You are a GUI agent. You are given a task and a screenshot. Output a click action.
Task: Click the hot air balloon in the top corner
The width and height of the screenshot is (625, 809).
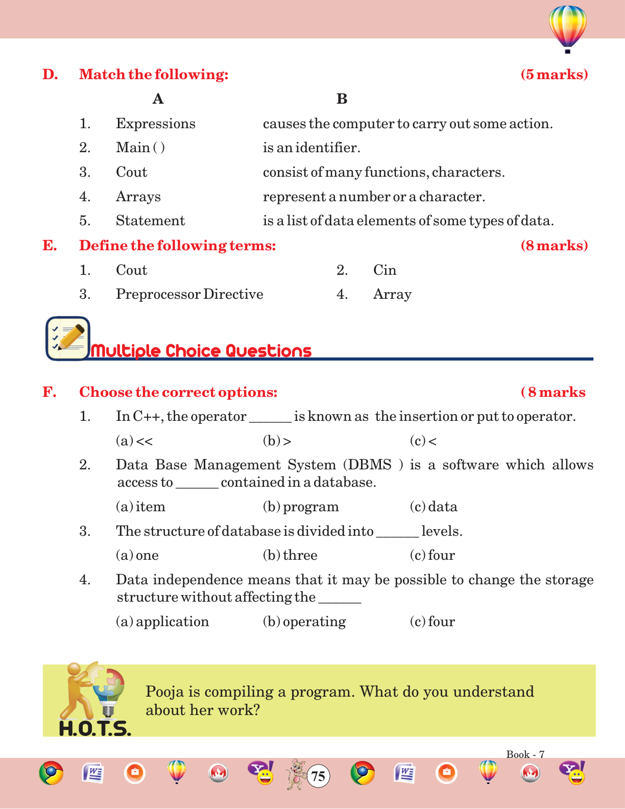[567, 29]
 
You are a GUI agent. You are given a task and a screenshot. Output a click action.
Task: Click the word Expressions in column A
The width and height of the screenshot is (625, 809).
[155, 124]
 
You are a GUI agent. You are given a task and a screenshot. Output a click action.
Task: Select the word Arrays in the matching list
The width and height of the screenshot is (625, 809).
[138, 197]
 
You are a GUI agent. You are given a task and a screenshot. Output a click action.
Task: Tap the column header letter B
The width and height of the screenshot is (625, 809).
[342, 99]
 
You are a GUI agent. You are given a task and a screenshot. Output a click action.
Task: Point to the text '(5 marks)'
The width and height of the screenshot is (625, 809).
[554, 75]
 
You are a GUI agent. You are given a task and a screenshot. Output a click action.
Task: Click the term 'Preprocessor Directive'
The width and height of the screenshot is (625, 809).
[189, 294]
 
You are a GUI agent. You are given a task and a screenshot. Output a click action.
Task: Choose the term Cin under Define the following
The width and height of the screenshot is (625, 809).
[384, 270]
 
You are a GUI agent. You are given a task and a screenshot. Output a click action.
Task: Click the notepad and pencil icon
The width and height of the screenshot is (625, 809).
[67, 338]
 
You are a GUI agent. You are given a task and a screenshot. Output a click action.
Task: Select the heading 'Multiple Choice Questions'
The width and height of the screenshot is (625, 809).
[201, 351]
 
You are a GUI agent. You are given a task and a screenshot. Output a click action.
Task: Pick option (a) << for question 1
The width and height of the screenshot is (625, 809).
[134, 441]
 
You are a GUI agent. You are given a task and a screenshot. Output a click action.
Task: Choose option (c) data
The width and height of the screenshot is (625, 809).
[434, 507]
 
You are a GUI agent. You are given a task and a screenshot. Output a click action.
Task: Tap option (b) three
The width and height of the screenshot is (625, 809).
[290, 555]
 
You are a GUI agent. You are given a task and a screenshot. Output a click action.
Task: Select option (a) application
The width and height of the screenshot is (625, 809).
[162, 622]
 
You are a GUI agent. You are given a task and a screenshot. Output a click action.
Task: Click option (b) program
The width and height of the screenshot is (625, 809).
[301, 507]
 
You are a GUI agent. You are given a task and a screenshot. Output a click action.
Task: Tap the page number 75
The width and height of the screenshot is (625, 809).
[318, 776]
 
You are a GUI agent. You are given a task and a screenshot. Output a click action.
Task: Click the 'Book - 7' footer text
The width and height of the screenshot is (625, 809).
[525, 754]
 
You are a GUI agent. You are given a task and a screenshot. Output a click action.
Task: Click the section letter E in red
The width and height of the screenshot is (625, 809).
[49, 246]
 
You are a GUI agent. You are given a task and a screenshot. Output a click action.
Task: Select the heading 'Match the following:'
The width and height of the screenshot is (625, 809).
[154, 75]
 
